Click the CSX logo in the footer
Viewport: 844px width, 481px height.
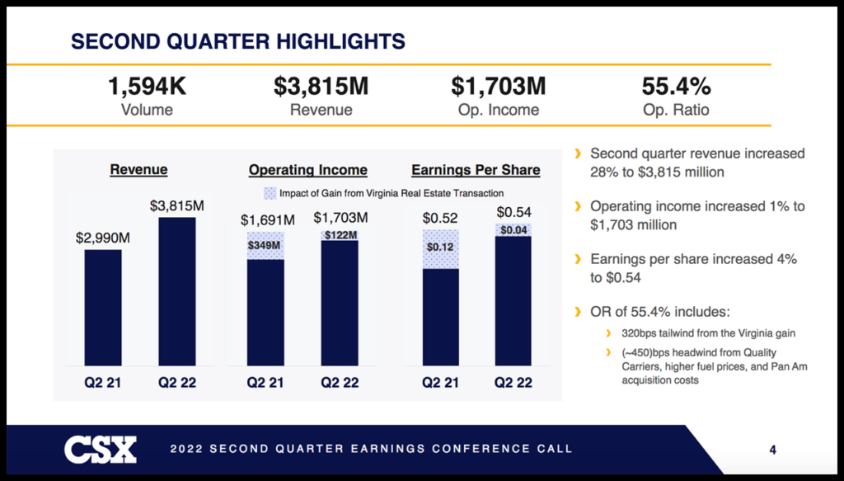tap(101, 449)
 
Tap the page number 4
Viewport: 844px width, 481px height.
tap(772, 450)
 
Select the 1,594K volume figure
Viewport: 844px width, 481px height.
tap(147, 87)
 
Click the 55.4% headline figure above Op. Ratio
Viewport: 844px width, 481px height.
tap(676, 87)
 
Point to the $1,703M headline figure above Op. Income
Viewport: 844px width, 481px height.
tap(499, 87)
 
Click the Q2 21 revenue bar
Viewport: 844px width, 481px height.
tap(103, 307)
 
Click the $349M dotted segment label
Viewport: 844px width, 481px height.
tap(265, 245)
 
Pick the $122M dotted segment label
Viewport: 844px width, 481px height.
tap(340, 235)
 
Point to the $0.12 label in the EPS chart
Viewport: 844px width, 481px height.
tap(441, 247)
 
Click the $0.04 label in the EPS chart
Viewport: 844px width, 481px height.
tap(514, 230)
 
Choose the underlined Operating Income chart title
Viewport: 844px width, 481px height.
tap(308, 170)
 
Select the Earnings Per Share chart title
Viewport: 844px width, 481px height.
tap(476, 170)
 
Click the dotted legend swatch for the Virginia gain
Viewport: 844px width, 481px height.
tap(270, 193)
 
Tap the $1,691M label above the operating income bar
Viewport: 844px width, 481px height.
tap(267, 220)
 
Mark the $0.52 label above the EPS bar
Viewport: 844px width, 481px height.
tap(440, 218)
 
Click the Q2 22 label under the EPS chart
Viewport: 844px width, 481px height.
tap(513, 383)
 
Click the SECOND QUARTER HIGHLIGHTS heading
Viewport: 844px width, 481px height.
tap(239, 40)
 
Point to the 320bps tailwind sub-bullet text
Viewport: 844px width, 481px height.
tap(703, 334)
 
